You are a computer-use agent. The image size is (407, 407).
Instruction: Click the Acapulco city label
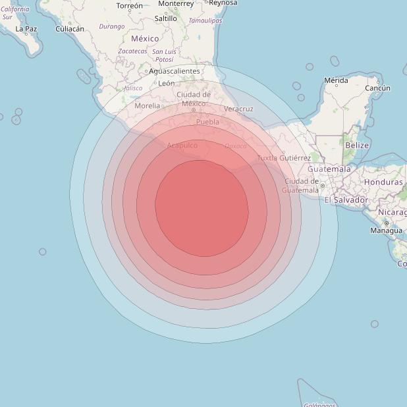click(x=182, y=145)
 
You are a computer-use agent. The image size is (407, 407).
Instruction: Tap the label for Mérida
click(x=336, y=80)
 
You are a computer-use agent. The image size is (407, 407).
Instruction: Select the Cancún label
click(x=377, y=88)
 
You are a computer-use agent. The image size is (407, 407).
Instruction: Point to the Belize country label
click(x=357, y=145)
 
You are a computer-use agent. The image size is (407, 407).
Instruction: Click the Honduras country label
click(x=383, y=182)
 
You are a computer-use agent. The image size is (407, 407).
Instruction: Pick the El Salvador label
click(x=346, y=200)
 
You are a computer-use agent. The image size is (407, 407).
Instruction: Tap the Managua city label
click(x=386, y=231)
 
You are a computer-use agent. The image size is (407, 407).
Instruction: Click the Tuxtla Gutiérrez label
click(x=284, y=158)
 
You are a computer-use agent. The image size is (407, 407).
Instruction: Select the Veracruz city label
click(x=238, y=109)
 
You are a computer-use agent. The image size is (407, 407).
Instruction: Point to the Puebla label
click(x=207, y=122)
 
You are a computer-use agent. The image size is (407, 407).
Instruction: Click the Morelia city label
click(x=147, y=105)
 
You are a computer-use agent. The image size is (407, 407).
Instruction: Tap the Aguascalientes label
click(x=175, y=70)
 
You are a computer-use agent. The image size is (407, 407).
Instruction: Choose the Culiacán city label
click(x=70, y=29)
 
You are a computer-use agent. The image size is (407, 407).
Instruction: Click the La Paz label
click(x=26, y=29)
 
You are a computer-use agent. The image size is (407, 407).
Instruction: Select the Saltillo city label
click(x=165, y=18)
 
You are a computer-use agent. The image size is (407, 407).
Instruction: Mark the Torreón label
click(x=129, y=5)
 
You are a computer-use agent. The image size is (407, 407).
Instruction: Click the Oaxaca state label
click(x=235, y=146)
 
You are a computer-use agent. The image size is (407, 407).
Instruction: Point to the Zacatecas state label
click(x=132, y=51)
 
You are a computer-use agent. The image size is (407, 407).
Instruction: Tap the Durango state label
click(x=111, y=26)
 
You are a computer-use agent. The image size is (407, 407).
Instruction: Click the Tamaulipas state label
click(x=205, y=21)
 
